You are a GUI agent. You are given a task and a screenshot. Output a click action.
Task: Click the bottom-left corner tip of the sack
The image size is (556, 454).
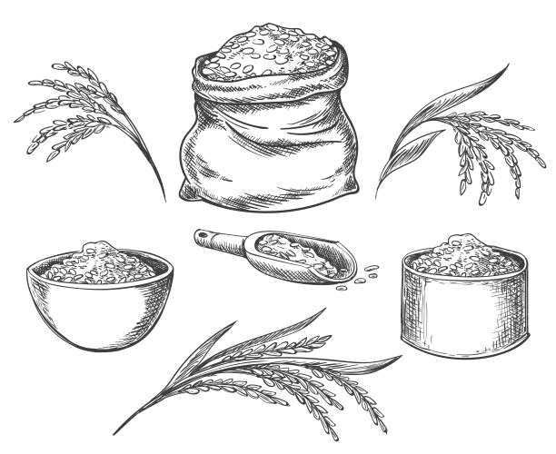[183, 192]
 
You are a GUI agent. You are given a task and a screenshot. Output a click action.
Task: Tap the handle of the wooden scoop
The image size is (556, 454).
[213, 239]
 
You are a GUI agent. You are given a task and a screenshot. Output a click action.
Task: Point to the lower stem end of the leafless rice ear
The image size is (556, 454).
[164, 197]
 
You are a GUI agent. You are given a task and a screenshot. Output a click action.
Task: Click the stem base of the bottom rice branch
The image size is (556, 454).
[118, 430]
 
